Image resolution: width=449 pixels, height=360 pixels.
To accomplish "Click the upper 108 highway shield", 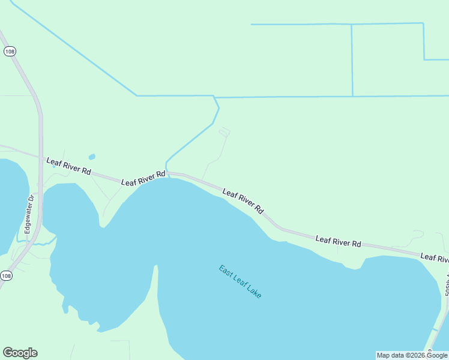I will [9, 52].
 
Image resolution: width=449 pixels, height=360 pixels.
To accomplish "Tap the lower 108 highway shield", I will [6, 275].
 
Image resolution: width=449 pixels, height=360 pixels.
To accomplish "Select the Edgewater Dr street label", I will [28, 214].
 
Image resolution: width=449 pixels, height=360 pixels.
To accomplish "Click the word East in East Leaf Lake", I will [226, 271].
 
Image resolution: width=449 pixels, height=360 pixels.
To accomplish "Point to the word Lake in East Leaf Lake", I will [253, 292].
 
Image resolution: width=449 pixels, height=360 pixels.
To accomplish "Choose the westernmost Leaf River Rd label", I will [68, 166].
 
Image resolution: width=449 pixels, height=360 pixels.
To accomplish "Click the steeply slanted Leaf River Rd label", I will [243, 202].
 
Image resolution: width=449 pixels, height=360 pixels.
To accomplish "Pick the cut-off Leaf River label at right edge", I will [435, 258].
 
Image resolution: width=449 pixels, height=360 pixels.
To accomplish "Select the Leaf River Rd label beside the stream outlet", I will [143, 178].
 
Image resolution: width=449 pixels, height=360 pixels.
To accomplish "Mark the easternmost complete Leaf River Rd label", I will [339, 241].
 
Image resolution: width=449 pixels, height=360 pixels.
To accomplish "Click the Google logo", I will [20, 353].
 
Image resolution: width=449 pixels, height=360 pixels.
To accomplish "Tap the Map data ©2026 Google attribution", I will [412, 355].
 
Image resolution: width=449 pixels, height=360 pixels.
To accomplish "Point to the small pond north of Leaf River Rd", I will [92, 157].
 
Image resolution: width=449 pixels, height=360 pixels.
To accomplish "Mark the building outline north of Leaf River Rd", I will [224, 131].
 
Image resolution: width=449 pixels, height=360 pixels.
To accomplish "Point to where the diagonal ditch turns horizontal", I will [137, 95].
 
